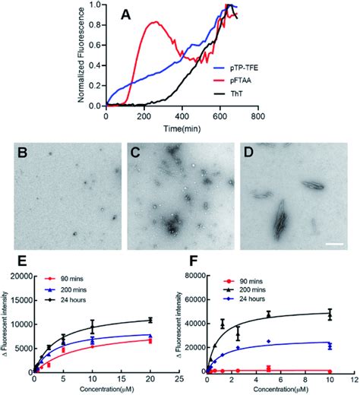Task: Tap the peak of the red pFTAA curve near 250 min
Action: point(155,22)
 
